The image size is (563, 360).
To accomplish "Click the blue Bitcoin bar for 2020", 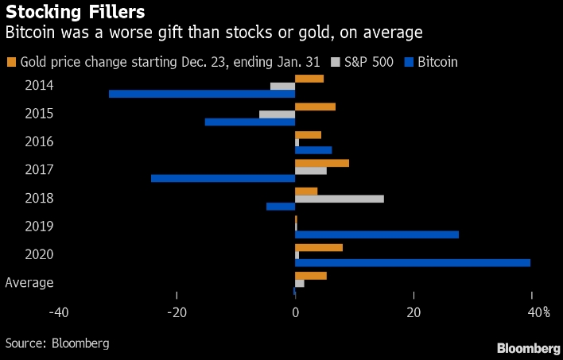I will (x=413, y=262).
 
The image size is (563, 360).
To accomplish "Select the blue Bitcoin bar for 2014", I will (x=202, y=94).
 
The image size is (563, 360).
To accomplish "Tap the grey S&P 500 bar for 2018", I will (x=340, y=198).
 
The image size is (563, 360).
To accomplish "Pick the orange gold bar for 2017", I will (x=322, y=163).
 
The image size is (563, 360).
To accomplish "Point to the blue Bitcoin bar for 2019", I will (x=377, y=234).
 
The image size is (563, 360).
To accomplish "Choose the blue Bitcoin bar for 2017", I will (x=223, y=178).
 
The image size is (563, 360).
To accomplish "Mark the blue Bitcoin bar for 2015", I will (x=250, y=122).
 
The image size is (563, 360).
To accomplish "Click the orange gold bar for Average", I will (x=311, y=275).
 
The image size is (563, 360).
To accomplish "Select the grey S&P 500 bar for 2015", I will (x=277, y=114).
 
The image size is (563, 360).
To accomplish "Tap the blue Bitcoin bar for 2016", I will (x=313, y=150).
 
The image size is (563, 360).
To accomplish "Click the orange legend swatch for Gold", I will (x=11, y=62).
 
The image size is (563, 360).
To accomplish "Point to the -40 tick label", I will (x=57, y=312).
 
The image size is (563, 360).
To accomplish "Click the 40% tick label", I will (x=538, y=312).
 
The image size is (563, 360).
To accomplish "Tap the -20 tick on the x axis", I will (x=177, y=312).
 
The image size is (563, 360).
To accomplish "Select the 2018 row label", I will (x=39, y=198).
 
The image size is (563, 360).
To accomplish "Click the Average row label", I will (x=29, y=282).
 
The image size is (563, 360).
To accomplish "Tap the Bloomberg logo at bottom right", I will (x=528, y=348).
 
